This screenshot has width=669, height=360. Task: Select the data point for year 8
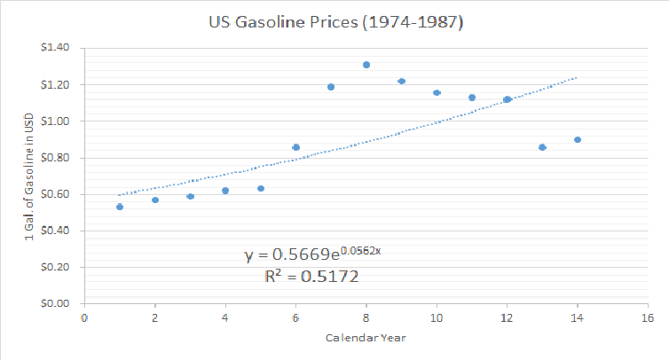point(366,65)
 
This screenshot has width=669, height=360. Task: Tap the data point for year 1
point(120,207)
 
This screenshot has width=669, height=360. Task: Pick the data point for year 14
point(578,139)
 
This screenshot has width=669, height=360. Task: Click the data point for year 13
point(542,147)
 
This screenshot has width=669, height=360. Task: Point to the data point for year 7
point(331,87)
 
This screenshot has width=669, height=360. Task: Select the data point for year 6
point(295,147)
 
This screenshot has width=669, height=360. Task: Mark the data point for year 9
point(401,82)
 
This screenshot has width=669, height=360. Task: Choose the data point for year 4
point(225,191)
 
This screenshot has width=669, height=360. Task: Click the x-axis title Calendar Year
point(365,338)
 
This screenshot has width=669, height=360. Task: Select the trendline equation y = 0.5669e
point(312,255)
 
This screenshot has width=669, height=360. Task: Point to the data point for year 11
point(472,98)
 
